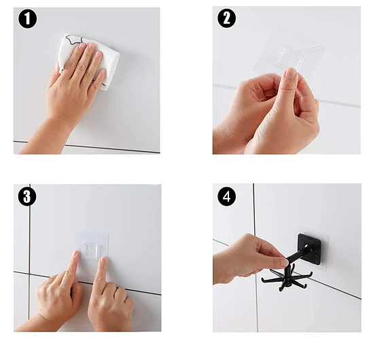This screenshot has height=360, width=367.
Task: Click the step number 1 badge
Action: [x=27, y=19]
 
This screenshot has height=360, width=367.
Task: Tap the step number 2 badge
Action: [x=226, y=18]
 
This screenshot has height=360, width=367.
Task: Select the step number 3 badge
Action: [x=27, y=197]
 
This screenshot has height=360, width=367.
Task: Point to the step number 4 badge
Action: [x=226, y=197]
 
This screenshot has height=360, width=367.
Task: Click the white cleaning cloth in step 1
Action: [x=89, y=61]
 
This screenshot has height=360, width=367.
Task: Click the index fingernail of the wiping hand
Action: [x=82, y=46]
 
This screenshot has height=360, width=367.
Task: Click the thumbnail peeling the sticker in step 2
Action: [x=291, y=73]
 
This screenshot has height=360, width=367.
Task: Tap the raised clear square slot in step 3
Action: [x=92, y=251]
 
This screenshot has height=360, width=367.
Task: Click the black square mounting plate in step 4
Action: [x=309, y=249]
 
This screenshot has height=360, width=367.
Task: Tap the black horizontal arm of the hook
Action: [x=300, y=255]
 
